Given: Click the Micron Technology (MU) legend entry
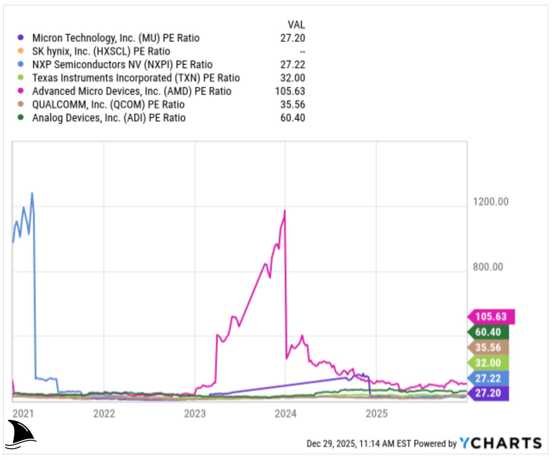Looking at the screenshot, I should [116, 38].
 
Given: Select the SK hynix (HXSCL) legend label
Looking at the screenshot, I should [101, 51].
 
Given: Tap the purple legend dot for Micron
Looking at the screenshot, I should [20, 38].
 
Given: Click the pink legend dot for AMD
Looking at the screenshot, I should [20, 91].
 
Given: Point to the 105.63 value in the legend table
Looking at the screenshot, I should [290, 91].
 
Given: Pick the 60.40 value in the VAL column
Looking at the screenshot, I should [292, 118].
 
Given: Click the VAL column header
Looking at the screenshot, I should [296, 24].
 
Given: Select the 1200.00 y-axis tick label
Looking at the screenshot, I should [490, 202].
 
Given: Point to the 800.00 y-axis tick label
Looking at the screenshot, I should [488, 267].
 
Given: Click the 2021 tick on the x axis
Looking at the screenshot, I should [23, 413].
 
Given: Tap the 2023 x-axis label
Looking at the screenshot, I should [195, 413].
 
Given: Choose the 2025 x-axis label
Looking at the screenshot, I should [376, 413].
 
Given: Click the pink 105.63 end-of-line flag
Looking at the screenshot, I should [491, 317].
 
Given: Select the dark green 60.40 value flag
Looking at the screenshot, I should [488, 332].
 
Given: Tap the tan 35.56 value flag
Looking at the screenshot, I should [488, 348].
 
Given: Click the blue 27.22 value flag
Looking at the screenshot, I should [488, 378].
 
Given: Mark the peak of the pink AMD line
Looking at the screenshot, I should [284, 210].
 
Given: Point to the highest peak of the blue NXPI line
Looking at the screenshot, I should [32, 193].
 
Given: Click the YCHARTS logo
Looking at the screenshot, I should [500, 443].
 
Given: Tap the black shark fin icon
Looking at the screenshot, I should [21, 434].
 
